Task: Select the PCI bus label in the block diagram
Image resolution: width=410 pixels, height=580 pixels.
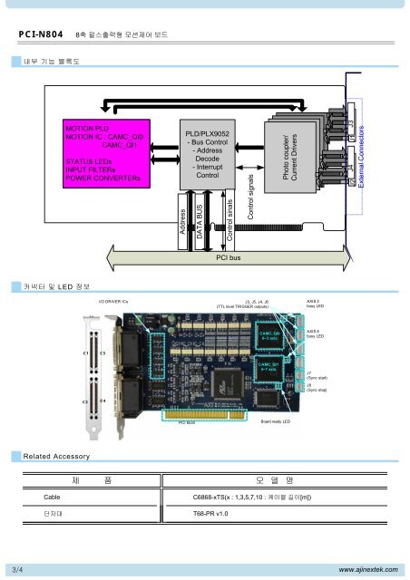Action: [227, 258]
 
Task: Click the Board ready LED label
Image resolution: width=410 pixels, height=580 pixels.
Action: [275, 421]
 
